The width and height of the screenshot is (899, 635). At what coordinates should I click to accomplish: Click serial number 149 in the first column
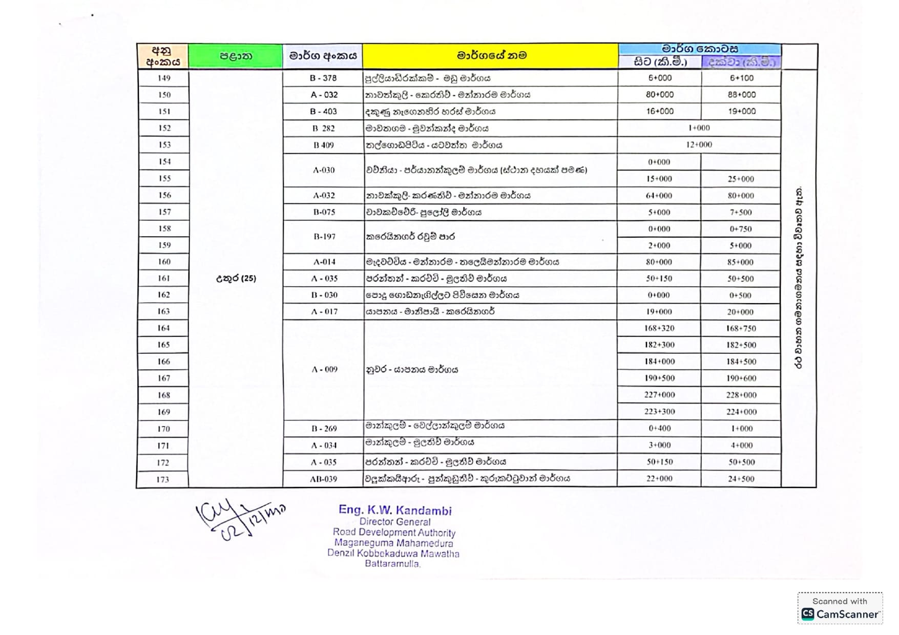pyautogui.click(x=164, y=78)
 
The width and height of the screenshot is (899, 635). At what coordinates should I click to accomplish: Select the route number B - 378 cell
pyautogui.click(x=323, y=78)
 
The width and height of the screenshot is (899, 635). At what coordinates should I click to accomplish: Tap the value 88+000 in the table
pyautogui.click(x=741, y=95)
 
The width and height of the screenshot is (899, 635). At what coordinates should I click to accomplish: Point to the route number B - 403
pyautogui.click(x=323, y=112)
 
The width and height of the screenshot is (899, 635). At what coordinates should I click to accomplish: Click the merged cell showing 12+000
pyautogui.click(x=699, y=145)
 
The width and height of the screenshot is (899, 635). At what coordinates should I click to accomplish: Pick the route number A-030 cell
pyautogui.click(x=324, y=170)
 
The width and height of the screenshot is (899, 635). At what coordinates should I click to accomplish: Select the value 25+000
pyautogui.click(x=741, y=179)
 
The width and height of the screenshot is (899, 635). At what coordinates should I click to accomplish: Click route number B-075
pyautogui.click(x=324, y=212)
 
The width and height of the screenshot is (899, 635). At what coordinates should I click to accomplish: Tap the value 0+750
pyautogui.click(x=741, y=229)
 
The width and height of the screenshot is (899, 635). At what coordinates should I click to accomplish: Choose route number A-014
pyautogui.click(x=324, y=262)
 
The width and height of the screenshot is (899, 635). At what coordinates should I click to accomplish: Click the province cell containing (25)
pyautogui.click(x=236, y=279)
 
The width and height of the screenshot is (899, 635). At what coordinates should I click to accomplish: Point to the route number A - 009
pyautogui.click(x=324, y=370)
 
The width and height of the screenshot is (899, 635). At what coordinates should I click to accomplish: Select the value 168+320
pyautogui.click(x=659, y=328)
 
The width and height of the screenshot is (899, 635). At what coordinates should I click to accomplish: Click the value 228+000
pyautogui.click(x=741, y=395)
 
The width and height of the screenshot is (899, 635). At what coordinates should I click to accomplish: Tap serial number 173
pyautogui.click(x=163, y=480)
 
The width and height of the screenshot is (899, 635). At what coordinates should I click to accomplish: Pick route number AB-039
pyautogui.click(x=323, y=479)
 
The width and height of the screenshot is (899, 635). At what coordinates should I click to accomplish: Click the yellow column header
pyautogui.click(x=491, y=56)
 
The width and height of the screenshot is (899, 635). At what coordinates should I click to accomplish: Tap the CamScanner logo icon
pyautogui.click(x=808, y=614)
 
